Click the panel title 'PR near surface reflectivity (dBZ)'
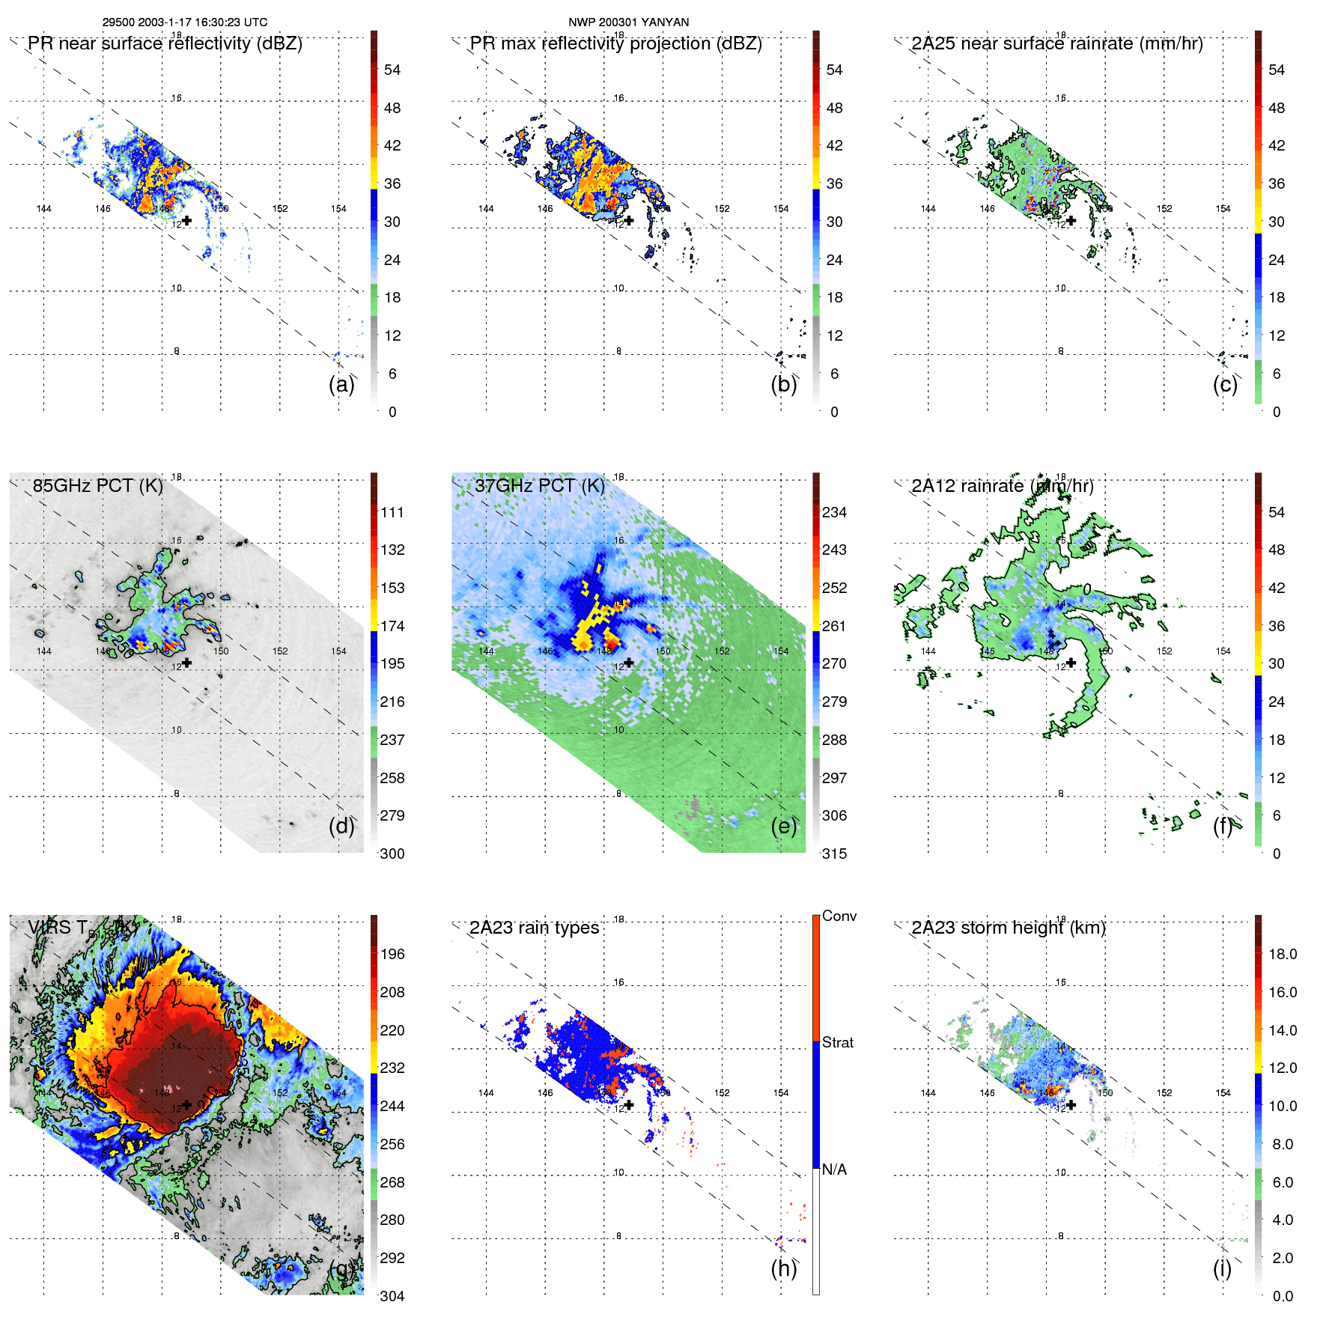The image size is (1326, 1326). [165, 43]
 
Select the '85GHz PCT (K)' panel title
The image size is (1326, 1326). [97, 486]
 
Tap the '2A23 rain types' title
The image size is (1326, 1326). [534, 928]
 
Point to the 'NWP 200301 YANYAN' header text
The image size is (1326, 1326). [628, 22]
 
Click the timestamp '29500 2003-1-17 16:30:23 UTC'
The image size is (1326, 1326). [184, 22]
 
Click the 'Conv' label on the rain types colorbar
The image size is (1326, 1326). [839, 916]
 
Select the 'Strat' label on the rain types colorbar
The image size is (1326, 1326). [837, 1042]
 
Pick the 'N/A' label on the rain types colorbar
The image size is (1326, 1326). [834, 1170]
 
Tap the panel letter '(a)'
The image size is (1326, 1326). [341, 384]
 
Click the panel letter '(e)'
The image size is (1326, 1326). [783, 826]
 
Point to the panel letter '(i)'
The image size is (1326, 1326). [1222, 1268]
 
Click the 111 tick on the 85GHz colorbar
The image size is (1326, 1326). [392, 512]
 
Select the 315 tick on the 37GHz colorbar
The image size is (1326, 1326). [834, 854]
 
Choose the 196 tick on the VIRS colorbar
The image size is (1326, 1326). [392, 954]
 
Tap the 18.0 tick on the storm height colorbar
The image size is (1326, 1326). [1283, 954]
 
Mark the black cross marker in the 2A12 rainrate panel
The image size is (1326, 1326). [1071, 663]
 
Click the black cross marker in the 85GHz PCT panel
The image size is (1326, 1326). [186, 663]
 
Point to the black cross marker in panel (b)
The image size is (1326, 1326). [630, 220]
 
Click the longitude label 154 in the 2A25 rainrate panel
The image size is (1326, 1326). [1223, 209]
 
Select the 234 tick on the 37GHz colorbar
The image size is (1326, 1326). [834, 512]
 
